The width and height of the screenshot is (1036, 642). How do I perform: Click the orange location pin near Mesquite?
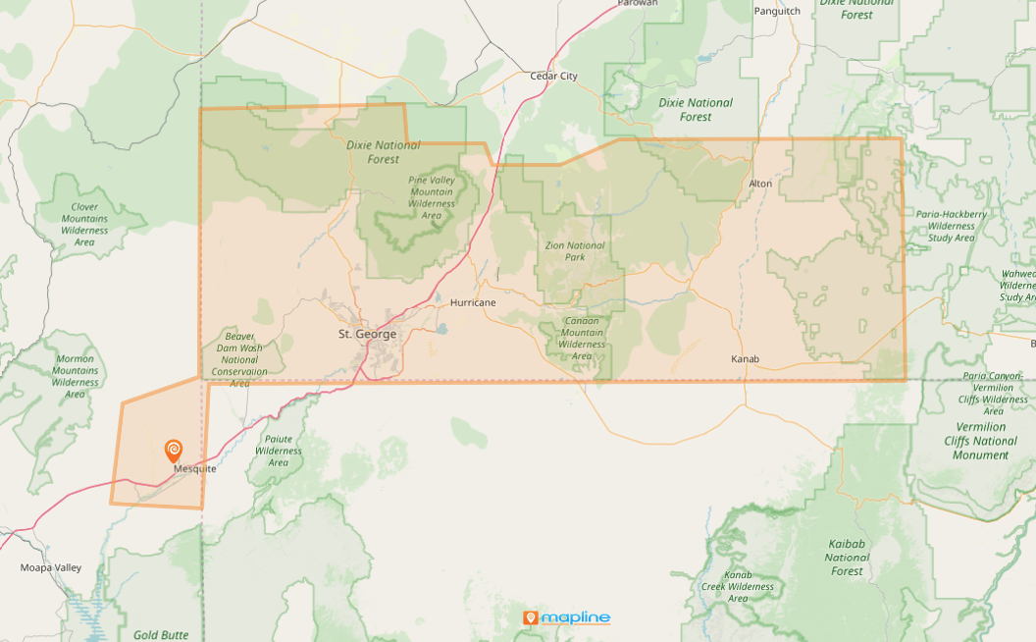pos(173,451)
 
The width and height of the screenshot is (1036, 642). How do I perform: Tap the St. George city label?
pos(368,334)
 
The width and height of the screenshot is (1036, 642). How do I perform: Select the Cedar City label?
pos(553,76)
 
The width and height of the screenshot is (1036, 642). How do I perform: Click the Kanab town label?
pos(745,358)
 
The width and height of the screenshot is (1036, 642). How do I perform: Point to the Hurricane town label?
pos(473,302)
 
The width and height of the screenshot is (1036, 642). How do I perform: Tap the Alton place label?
pos(760,184)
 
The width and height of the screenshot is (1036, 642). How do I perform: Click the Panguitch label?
pos(777,11)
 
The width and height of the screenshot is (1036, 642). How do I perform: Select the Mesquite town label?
pos(194,469)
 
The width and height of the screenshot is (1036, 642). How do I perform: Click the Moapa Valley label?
pos(51,567)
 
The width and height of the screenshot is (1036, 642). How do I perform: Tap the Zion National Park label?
pos(575,251)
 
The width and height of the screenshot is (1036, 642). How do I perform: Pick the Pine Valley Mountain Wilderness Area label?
pos(431,197)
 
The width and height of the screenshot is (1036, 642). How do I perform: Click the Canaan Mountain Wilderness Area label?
pos(582,338)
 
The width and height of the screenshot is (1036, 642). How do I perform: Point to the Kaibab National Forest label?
pos(847,557)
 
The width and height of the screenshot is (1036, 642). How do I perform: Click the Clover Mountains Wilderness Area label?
pos(84,224)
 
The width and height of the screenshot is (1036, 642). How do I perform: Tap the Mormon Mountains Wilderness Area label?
pos(75,376)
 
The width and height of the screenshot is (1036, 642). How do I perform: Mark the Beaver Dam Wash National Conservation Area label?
pos(239,359)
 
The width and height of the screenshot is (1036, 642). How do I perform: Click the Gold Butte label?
pos(161,635)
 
